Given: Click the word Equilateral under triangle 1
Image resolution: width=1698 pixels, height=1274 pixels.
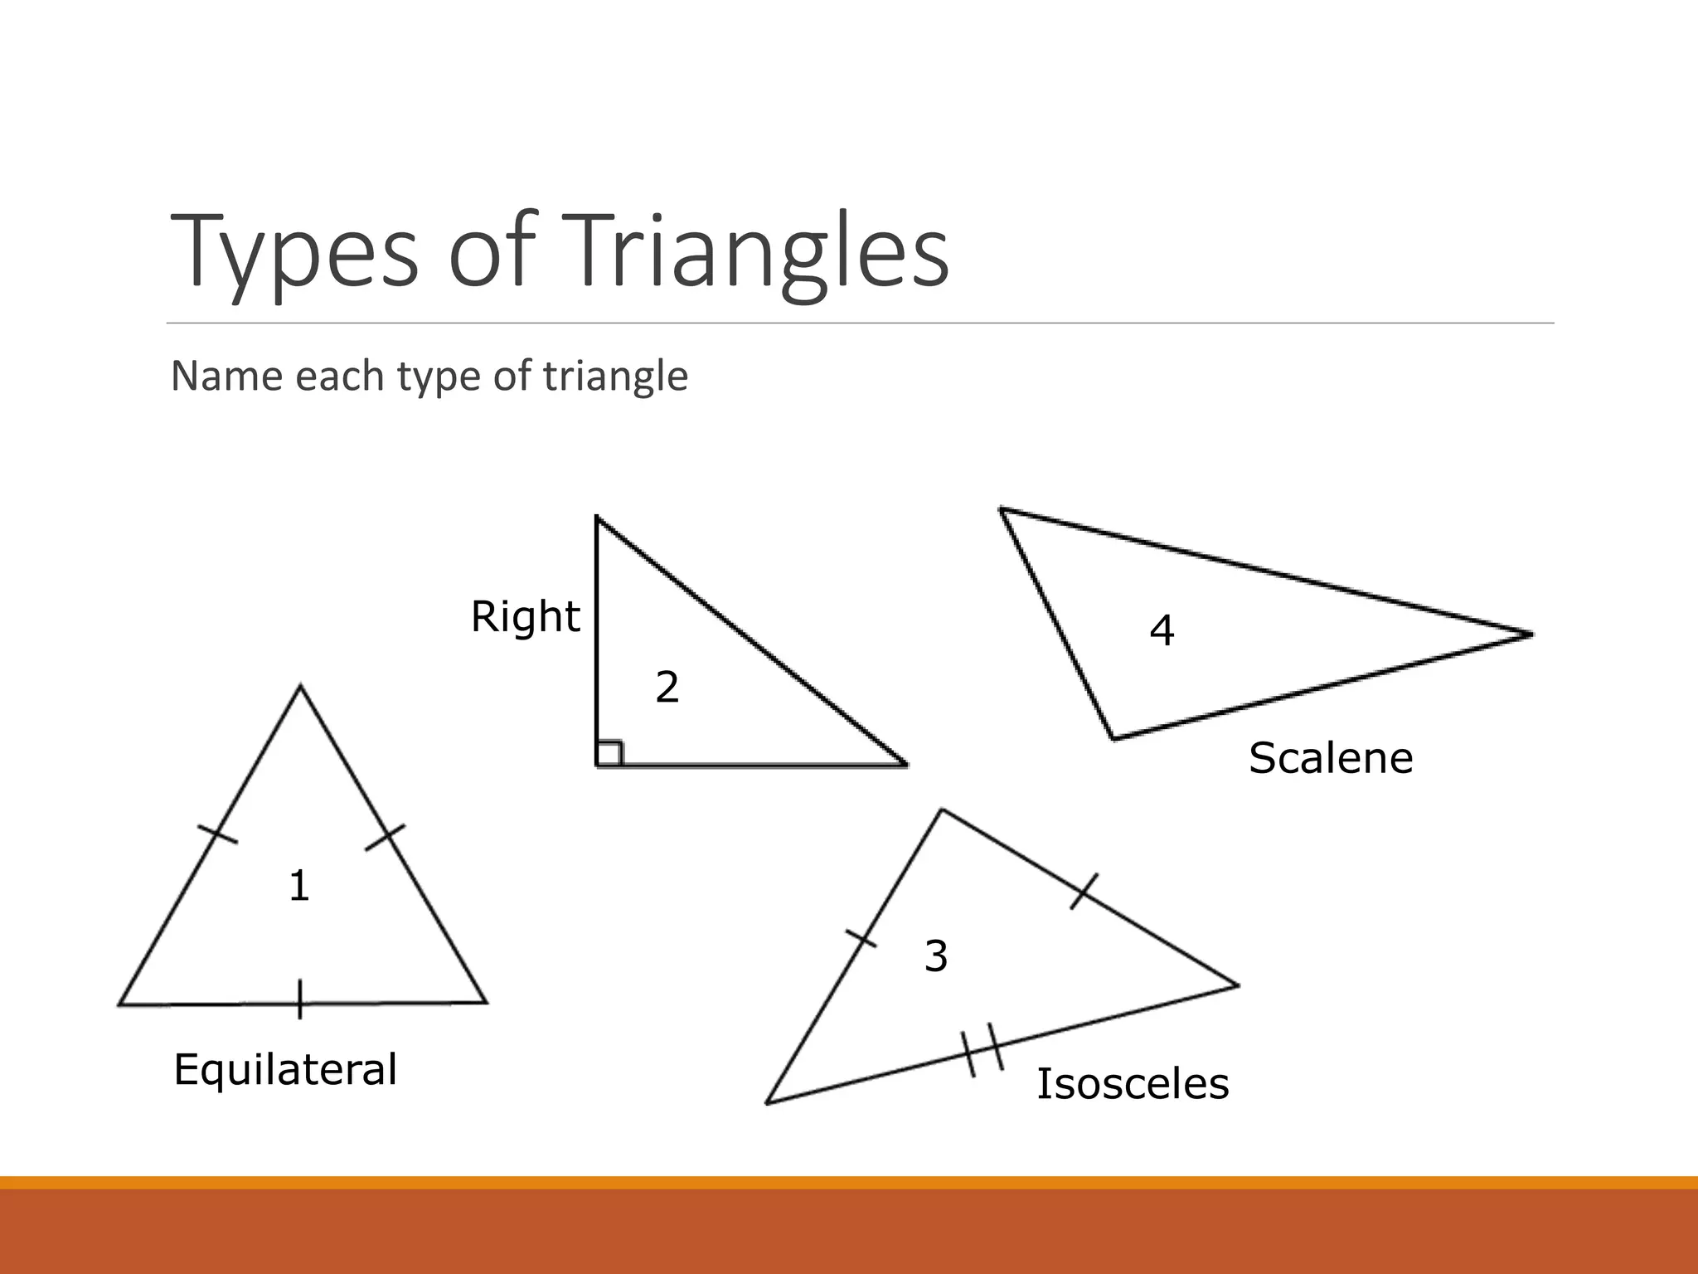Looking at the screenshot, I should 285,1069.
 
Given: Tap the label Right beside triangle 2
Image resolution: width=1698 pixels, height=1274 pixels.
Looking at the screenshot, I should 525,617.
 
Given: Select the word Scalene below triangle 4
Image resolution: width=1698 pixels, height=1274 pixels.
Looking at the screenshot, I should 1331,758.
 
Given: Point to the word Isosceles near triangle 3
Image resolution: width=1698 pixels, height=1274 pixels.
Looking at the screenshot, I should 1133,1084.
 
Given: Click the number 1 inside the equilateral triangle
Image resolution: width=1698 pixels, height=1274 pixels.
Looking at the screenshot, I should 299,886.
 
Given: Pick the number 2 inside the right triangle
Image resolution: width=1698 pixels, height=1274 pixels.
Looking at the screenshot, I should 667,688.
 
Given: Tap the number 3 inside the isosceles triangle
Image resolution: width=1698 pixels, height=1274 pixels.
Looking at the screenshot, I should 936,956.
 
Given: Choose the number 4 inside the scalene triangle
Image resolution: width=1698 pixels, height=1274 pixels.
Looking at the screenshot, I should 1162,631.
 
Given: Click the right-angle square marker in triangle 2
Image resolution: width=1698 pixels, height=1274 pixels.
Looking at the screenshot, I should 609,753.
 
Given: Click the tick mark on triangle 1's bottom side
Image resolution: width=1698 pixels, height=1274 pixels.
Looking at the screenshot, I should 300,999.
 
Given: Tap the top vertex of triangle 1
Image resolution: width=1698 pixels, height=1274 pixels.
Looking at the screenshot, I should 300,686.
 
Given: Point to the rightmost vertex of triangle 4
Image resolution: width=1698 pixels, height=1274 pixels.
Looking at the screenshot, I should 1531,635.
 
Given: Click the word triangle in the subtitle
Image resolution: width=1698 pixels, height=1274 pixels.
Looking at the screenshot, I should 615,377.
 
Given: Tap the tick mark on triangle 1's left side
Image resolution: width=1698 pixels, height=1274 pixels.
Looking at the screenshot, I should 217,834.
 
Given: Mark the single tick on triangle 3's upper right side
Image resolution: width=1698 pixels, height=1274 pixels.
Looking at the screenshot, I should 1084,891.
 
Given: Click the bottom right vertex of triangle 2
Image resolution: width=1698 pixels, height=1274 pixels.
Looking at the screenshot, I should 905,765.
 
